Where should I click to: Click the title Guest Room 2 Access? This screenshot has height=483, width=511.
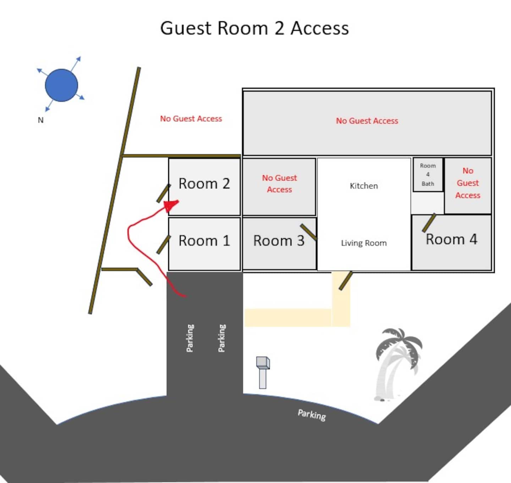point(254,28)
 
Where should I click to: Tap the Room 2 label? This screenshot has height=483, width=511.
point(204,183)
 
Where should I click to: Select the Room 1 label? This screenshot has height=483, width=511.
point(204,240)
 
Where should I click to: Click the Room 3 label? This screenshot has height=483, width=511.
point(279,240)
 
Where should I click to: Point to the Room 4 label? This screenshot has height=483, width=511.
point(451,239)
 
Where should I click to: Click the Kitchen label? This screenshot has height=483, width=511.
point(364,186)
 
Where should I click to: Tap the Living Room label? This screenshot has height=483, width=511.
point(364,243)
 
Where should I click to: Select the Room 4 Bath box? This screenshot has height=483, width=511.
point(428,174)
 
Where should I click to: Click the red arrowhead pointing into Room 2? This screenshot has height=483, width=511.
point(171,205)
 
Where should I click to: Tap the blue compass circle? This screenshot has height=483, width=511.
point(61,85)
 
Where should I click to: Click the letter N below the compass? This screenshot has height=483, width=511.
point(40,120)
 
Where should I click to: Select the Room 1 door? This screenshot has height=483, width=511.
point(164,244)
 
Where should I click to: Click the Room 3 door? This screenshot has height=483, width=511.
point(308,232)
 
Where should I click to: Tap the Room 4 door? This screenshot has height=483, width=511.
point(429,223)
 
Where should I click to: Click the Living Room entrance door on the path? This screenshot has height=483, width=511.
point(346,281)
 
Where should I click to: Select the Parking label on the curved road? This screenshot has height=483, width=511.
point(312,415)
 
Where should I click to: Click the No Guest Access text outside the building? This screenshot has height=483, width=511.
point(191,119)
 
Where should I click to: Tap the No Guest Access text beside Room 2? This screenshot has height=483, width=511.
point(279,183)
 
